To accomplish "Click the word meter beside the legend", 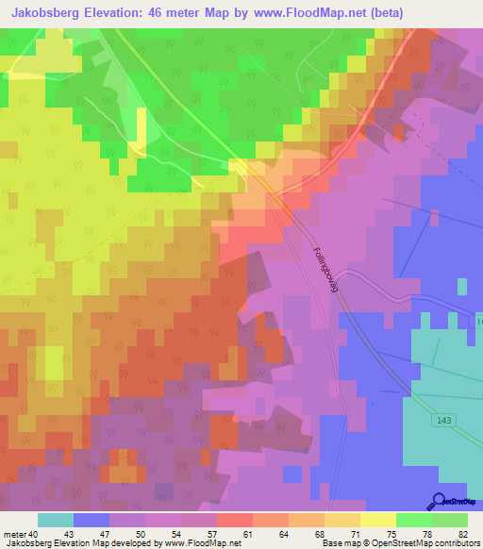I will (x=15, y=534).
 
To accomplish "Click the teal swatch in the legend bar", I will (x=55, y=520).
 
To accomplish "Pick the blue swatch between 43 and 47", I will (x=91, y=520).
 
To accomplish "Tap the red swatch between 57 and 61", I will (x=234, y=520).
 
